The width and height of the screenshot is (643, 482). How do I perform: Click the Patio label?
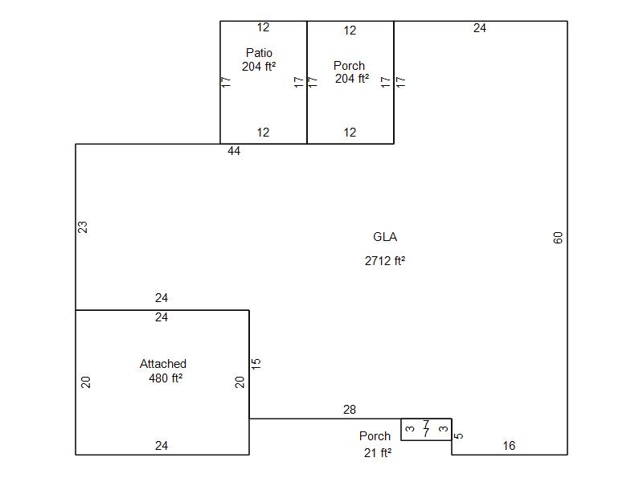tap(259, 53)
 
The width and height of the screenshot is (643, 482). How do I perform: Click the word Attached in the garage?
tap(163, 364)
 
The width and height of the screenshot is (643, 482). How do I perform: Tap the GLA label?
tap(385, 237)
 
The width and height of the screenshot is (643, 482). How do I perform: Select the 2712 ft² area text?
tap(385, 260)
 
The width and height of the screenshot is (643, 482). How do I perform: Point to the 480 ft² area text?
tap(166, 378)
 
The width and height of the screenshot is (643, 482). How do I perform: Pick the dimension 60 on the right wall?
tap(559, 238)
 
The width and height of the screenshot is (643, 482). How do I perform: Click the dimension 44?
tap(234, 151)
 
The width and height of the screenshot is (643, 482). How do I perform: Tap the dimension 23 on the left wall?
tap(83, 227)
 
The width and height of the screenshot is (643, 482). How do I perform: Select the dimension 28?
tap(350, 410)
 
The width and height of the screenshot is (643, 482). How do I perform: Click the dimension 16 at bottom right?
tap(509, 446)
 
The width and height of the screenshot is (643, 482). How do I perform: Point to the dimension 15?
tap(256, 364)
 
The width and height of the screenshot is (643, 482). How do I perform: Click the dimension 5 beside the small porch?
tap(459, 436)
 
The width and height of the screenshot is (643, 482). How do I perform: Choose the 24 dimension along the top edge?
tap(480, 28)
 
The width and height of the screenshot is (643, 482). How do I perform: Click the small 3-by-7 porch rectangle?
tap(426, 429)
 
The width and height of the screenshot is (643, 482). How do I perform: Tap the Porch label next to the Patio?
tap(349, 66)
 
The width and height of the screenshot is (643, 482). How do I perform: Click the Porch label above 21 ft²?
tap(375, 436)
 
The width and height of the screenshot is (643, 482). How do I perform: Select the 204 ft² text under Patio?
tap(259, 67)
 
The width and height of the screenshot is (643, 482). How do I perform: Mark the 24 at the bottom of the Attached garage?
tap(162, 446)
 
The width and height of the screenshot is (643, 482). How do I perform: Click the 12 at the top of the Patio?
tap(263, 28)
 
